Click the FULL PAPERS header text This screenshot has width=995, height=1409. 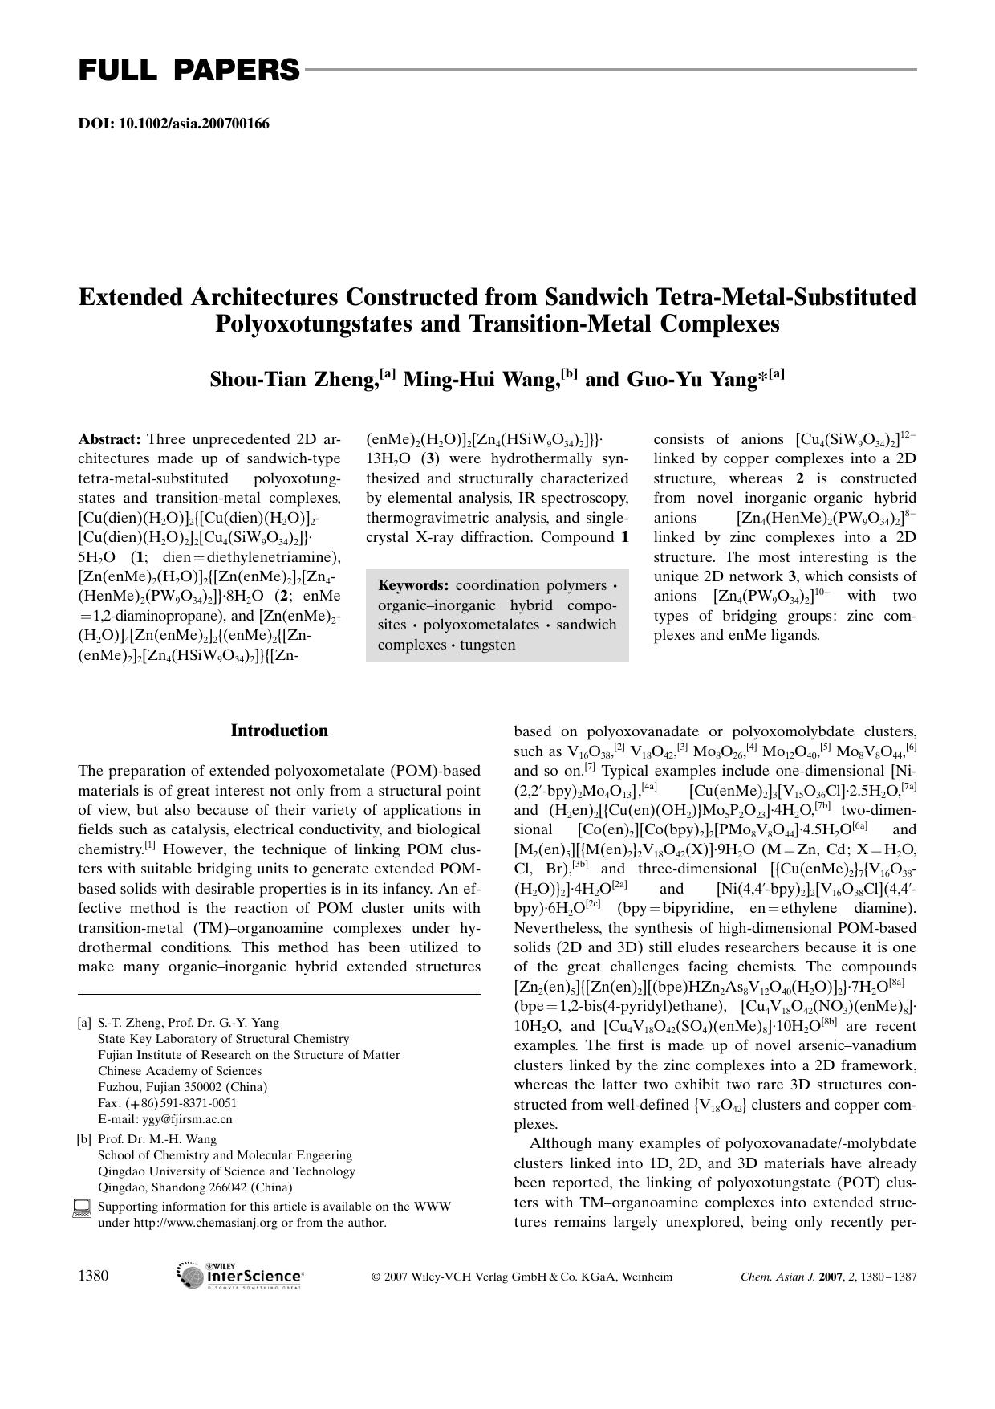[x=189, y=71]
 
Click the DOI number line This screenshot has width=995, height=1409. [x=173, y=124]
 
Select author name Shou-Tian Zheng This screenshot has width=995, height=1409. [x=293, y=379]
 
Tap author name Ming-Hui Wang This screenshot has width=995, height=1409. [x=480, y=379]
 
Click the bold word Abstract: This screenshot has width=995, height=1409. [x=110, y=439]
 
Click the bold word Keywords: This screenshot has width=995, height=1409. [x=413, y=585]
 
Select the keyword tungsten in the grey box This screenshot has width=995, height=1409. [x=488, y=645]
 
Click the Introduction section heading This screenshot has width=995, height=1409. [x=279, y=731]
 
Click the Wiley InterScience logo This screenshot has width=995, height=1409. [x=240, y=1276]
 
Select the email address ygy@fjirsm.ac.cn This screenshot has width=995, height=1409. [x=187, y=1119]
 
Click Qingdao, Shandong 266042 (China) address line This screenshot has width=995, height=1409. [x=195, y=1187]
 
